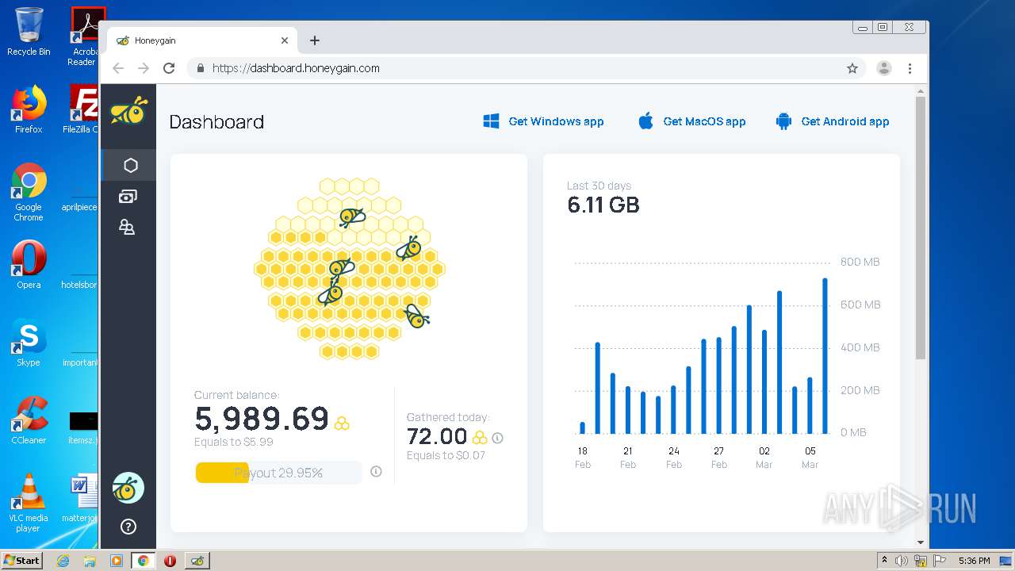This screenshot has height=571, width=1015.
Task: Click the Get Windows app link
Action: pyautogui.click(x=544, y=121)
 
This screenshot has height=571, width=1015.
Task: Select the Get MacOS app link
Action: pyautogui.click(x=692, y=121)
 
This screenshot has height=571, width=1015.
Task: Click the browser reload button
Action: pyautogui.click(x=169, y=68)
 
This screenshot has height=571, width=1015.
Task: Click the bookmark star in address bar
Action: pyautogui.click(x=852, y=68)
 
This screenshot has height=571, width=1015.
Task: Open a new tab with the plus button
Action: pyautogui.click(x=315, y=40)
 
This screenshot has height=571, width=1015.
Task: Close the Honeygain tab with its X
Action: pyautogui.click(x=285, y=40)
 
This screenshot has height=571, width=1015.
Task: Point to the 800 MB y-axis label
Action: pyautogui.click(x=860, y=262)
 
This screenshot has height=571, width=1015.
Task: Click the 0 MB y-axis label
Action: pyautogui.click(x=853, y=432)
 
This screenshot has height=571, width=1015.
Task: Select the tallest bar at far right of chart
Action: pyautogui.click(x=825, y=356)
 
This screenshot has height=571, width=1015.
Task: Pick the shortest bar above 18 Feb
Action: pyautogui.click(x=583, y=428)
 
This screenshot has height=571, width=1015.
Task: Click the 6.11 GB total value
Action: pyautogui.click(x=603, y=205)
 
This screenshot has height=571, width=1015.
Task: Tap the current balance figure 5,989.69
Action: pyautogui.click(x=262, y=419)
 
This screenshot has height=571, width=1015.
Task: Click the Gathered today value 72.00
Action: pyautogui.click(x=437, y=436)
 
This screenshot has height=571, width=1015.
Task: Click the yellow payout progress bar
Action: pyautogui.click(x=222, y=473)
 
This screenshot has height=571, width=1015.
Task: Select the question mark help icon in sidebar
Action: pyautogui.click(x=128, y=527)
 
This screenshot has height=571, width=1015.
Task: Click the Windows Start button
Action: pyautogui.click(x=21, y=561)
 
